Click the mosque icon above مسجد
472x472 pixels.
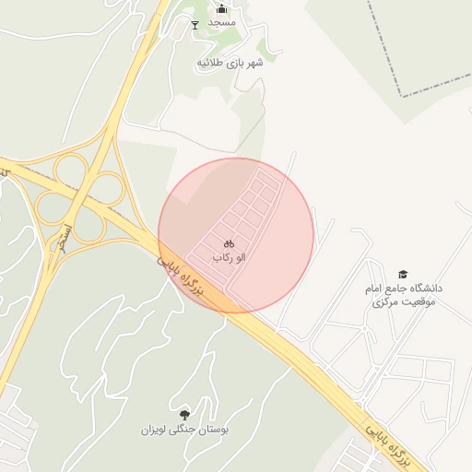(x=220, y=8)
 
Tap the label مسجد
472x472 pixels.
(x=222, y=22)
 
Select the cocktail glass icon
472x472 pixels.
(x=194, y=24)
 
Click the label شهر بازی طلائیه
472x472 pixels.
(x=230, y=63)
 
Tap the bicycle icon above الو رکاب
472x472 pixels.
(x=229, y=242)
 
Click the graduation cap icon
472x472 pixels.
(x=402, y=275)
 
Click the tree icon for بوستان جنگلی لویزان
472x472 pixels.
(x=185, y=414)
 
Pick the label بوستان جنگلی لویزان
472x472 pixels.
(x=185, y=430)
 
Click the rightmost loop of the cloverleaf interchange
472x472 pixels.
(x=109, y=192)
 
